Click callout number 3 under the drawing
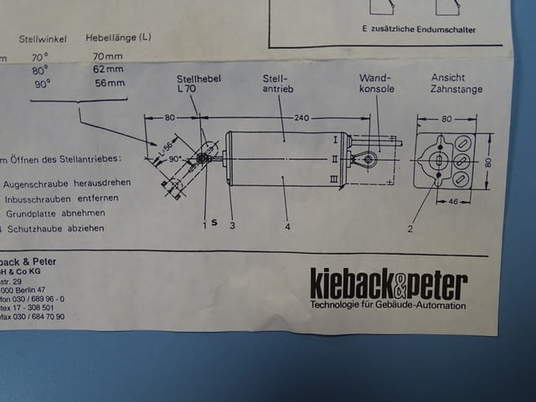click(231, 224)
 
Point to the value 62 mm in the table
click(109, 69)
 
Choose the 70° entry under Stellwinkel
click(40, 55)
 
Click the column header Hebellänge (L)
click(118, 39)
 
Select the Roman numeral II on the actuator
click(335, 157)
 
